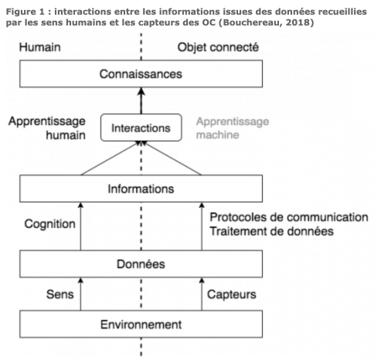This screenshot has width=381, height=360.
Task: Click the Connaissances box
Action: coord(141,74)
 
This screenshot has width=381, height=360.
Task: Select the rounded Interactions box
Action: coord(141,127)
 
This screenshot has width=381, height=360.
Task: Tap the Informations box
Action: coord(141,188)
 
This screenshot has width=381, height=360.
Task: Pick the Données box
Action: coord(141,264)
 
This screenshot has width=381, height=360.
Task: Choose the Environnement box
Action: coord(141,324)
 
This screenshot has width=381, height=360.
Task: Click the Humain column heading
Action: coord(40,47)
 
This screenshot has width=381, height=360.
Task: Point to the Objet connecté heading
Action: coord(218,48)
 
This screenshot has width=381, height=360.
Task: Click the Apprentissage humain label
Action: coord(47,128)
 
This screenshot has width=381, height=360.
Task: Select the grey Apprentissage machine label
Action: coord(233,128)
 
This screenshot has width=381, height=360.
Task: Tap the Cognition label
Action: coord(49,224)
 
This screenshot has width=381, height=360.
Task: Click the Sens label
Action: coord(60,294)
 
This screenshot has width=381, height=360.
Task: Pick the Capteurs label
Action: coord(232,294)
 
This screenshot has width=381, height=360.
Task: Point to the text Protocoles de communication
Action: coord(289,217)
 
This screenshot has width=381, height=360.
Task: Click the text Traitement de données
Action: coord(271,231)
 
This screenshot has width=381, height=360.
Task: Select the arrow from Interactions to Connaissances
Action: coord(141,100)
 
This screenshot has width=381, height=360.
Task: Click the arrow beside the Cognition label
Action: coord(80,226)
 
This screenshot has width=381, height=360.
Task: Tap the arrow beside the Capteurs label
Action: coord(202,294)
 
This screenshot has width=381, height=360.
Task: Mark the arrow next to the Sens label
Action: coord(80,294)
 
